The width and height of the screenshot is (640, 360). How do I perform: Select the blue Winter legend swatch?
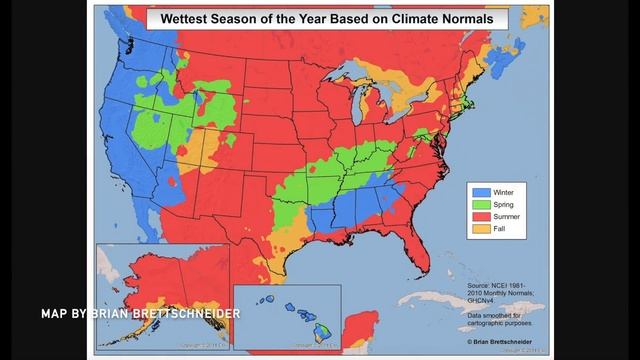[480, 191]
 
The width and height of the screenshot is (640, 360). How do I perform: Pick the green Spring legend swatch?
[480, 204]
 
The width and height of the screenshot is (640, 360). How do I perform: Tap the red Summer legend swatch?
[480, 216]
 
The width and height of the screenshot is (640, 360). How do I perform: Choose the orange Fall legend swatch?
[480, 229]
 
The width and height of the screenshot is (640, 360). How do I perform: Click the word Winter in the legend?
[504, 191]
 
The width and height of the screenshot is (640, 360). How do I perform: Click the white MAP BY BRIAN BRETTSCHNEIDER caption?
[141, 314]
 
